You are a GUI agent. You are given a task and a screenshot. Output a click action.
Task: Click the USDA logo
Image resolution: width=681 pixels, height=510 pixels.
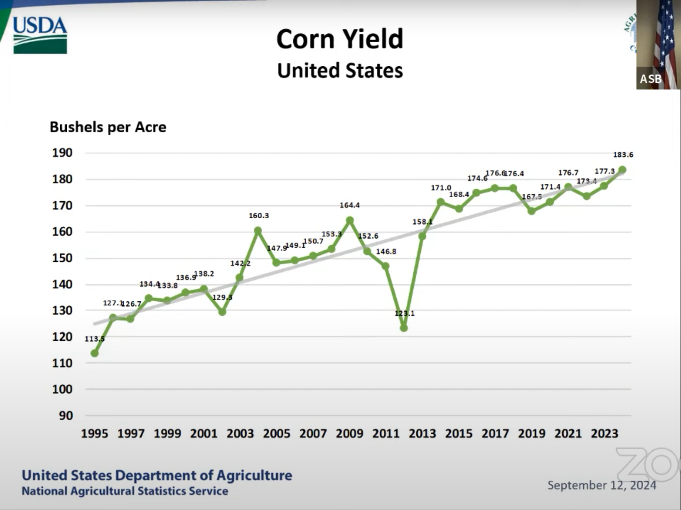point(40,36)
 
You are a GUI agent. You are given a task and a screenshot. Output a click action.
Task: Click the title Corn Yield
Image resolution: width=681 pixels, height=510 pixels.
point(340,39)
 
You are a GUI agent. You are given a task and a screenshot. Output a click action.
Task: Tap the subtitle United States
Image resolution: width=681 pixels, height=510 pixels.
point(340,71)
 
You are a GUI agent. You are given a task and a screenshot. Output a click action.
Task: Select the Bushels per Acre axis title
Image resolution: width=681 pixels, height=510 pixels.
point(108,127)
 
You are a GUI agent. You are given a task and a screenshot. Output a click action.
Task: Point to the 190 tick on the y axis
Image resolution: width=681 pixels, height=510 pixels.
point(62,152)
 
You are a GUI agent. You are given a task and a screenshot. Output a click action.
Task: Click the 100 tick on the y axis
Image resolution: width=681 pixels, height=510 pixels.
point(62,389)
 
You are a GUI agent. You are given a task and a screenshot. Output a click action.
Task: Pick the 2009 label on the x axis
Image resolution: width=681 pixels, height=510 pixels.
point(349,433)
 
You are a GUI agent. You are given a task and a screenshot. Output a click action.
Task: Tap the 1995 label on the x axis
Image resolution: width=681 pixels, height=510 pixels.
point(94,433)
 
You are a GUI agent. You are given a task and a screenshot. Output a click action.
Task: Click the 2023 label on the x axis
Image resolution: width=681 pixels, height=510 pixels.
point(604,433)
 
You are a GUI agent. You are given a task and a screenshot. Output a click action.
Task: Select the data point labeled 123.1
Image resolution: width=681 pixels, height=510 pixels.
point(404,328)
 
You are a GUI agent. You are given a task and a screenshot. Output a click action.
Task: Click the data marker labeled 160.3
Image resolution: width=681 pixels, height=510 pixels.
point(258,231)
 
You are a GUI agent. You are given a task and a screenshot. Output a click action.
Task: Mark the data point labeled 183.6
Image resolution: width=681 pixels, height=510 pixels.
point(622,170)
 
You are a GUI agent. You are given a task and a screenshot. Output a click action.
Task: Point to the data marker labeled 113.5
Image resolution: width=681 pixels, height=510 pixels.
point(94,353)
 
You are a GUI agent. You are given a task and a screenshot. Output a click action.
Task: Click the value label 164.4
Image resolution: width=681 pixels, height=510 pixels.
point(350,205)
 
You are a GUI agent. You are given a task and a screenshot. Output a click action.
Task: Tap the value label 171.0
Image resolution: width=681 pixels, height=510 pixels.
point(441,188)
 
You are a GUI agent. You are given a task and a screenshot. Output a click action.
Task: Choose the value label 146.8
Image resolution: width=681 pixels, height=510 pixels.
point(386,251)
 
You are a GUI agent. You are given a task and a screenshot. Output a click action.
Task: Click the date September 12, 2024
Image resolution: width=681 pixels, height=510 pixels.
point(602,485)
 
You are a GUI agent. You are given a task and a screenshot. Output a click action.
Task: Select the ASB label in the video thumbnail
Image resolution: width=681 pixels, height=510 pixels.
point(650,79)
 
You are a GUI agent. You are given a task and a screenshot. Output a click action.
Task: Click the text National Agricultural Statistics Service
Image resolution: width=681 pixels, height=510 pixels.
point(125,491)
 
